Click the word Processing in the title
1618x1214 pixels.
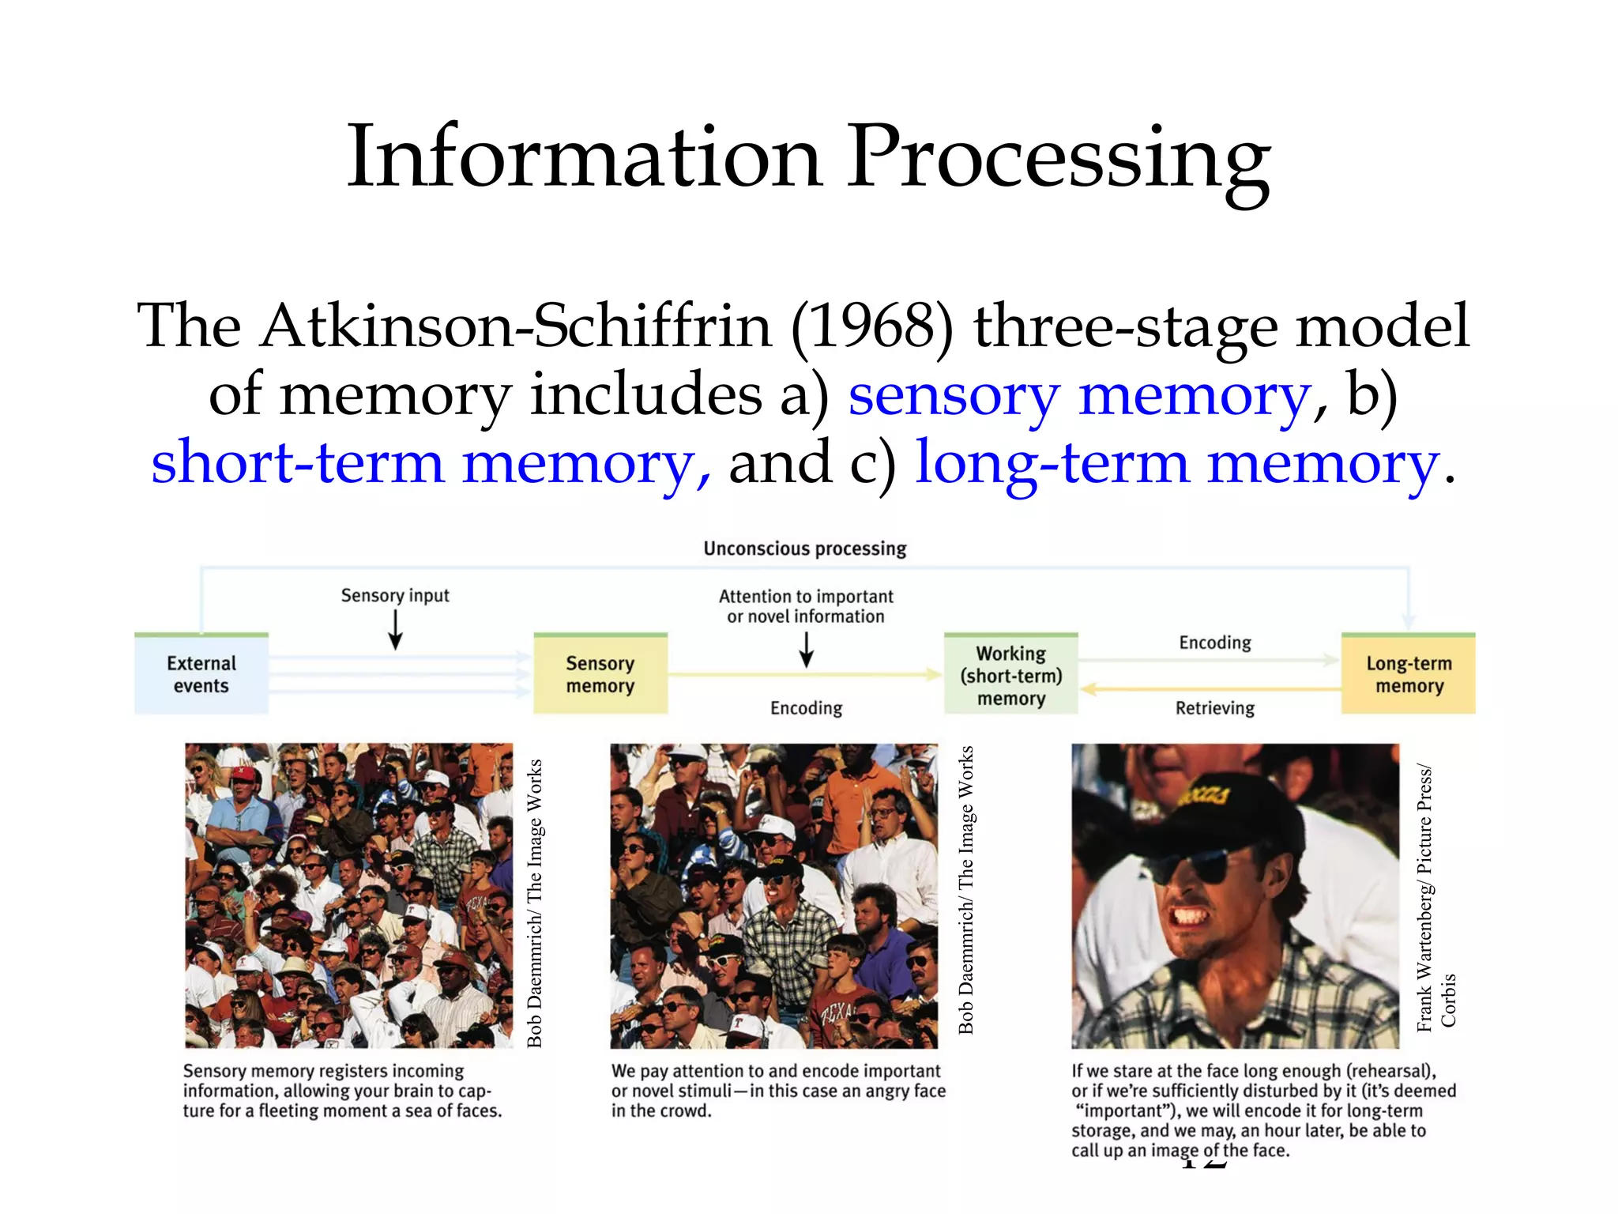(x=1059, y=158)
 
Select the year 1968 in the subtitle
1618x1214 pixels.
(x=873, y=326)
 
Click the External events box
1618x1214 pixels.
(x=201, y=674)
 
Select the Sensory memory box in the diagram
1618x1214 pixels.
(x=600, y=674)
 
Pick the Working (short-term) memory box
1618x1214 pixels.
(x=1011, y=675)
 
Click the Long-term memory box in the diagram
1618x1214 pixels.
(x=1409, y=674)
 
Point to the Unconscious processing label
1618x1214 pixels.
(x=805, y=549)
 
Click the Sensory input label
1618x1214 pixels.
(x=395, y=595)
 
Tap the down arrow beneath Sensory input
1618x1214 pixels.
(x=396, y=630)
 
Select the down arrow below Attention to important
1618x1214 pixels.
(x=807, y=649)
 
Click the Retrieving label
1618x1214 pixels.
(x=1215, y=708)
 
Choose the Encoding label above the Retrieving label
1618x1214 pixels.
(x=1215, y=643)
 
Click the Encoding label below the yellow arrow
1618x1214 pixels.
(x=806, y=708)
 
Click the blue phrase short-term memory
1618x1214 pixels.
(x=431, y=463)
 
